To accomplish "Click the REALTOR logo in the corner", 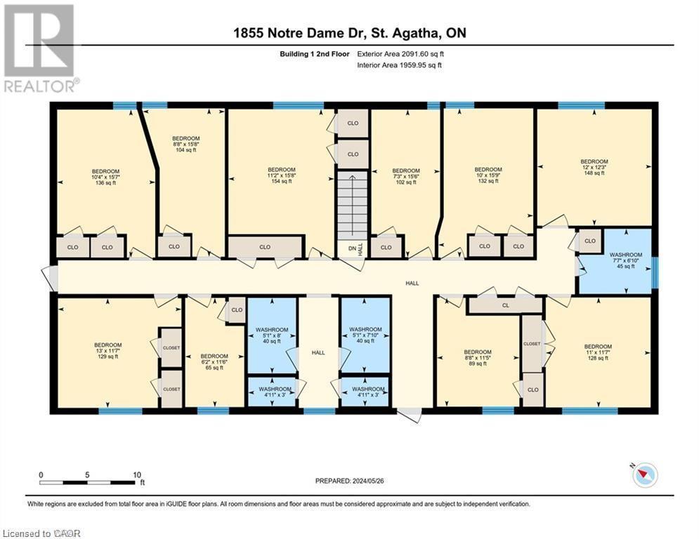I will click(x=39, y=48).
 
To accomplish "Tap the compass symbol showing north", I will click(x=644, y=476).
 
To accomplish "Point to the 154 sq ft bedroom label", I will click(x=281, y=175).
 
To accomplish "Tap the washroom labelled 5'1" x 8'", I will click(x=270, y=335).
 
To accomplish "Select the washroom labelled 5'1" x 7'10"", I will click(x=365, y=335).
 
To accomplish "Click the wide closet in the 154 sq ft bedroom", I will click(x=265, y=247).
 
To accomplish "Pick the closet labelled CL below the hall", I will click(x=504, y=305).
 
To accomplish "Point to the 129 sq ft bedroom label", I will click(x=107, y=351).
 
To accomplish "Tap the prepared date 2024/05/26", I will click(x=351, y=481).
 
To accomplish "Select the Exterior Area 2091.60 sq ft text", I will click(x=400, y=53).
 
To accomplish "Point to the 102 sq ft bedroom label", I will click(x=405, y=176).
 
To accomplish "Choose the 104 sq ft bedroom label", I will click(x=186, y=145).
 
